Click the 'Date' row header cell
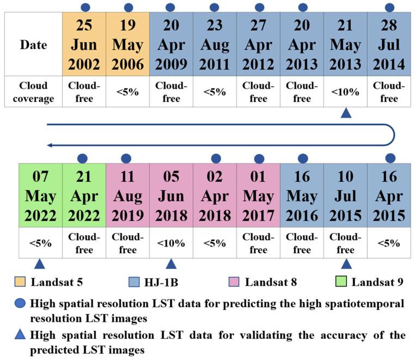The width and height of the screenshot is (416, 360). (x=33, y=45)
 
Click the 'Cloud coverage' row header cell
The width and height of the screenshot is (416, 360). (x=33, y=92)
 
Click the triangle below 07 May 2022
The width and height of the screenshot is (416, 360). (x=39, y=264)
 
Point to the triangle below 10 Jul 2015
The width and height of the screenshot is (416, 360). (x=345, y=264)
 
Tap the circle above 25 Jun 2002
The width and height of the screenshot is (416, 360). (x=85, y=7)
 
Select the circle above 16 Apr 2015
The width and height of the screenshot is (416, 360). (x=390, y=158)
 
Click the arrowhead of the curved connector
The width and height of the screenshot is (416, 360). (x=50, y=145)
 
